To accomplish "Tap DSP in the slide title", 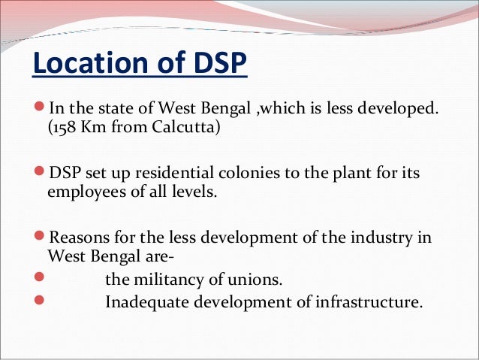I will coord(218,65).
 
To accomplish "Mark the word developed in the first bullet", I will coord(399,110).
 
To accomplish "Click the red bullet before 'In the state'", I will coord(40,110).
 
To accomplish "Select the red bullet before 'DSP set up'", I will coord(40,174).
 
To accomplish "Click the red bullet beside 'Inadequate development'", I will coord(40,302).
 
